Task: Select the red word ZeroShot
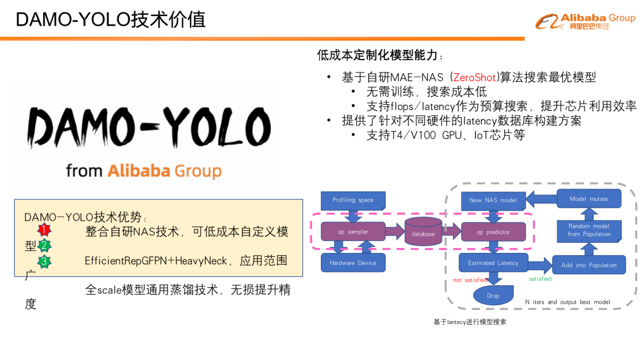click(x=474, y=77)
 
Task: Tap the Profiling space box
click(x=353, y=200)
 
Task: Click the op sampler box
click(x=353, y=231)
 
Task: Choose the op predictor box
click(x=494, y=232)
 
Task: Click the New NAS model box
click(x=493, y=200)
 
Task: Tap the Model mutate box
click(x=589, y=199)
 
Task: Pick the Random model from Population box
click(x=589, y=230)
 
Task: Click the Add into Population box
click(x=589, y=265)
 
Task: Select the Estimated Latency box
click(x=493, y=262)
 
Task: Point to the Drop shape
click(x=493, y=295)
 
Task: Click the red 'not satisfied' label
click(x=470, y=280)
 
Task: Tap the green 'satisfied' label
click(x=540, y=278)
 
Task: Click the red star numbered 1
click(x=44, y=230)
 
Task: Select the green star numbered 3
click(x=44, y=261)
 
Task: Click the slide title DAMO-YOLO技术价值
click(x=111, y=20)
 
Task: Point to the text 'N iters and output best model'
click(x=567, y=302)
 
